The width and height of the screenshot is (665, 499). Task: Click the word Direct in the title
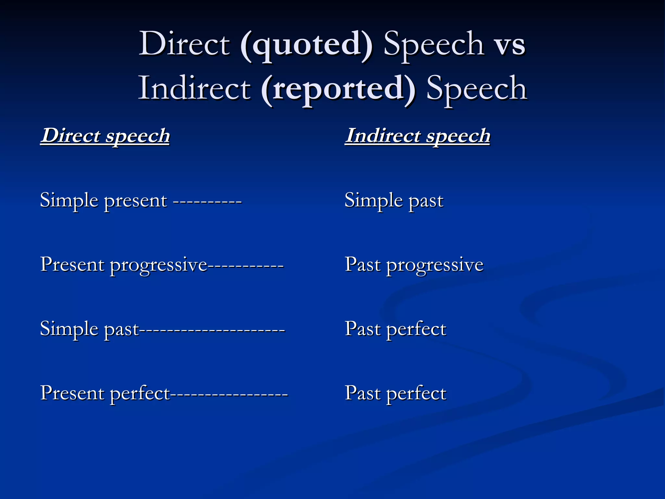pyautogui.click(x=184, y=44)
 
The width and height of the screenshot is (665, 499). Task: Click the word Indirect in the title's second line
pyautogui.click(x=194, y=88)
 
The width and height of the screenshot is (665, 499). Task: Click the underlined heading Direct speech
pyautogui.click(x=105, y=136)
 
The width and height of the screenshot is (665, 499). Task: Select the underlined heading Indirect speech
pyautogui.click(x=417, y=136)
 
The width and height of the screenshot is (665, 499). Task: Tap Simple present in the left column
pyautogui.click(x=103, y=200)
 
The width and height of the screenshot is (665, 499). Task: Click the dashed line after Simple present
pyautogui.click(x=207, y=202)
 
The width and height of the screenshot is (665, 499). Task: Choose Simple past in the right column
pyautogui.click(x=394, y=200)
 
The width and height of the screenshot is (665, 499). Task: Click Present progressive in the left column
pyautogui.click(x=123, y=265)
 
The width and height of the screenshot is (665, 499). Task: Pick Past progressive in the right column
pyautogui.click(x=414, y=265)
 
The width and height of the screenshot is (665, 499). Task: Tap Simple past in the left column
pyautogui.click(x=89, y=329)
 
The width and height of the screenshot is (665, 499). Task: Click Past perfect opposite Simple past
pyautogui.click(x=395, y=329)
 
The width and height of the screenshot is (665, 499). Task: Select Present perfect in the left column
pyautogui.click(x=105, y=393)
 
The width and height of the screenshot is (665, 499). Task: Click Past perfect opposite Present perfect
pyautogui.click(x=395, y=393)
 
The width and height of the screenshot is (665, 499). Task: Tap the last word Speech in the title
pyautogui.click(x=476, y=89)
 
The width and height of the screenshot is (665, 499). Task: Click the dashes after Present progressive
pyautogui.click(x=245, y=266)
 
